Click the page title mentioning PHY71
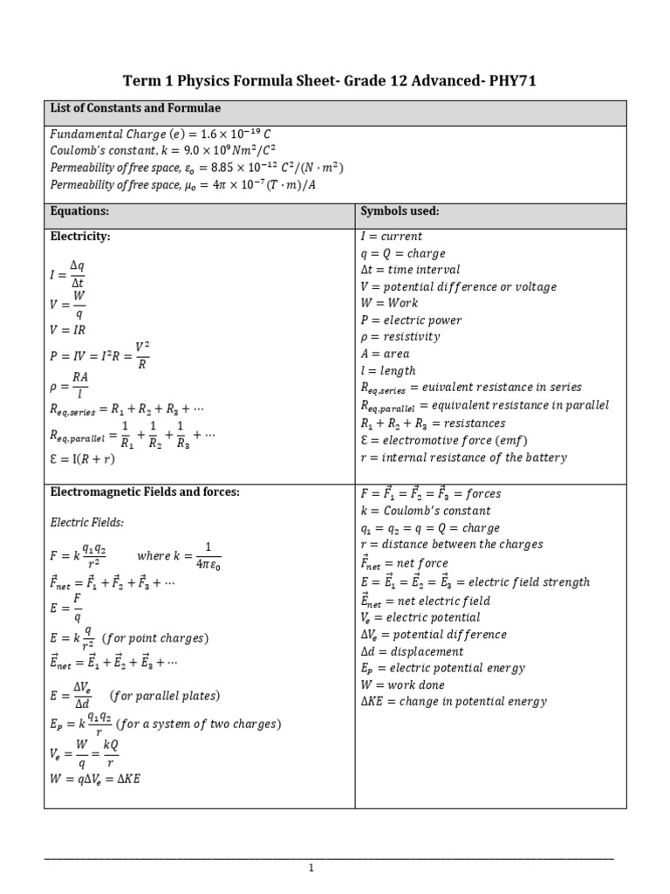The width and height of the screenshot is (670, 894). tap(335, 81)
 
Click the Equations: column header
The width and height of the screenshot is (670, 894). tap(79, 211)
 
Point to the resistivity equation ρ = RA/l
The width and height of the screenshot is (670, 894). tap(71, 384)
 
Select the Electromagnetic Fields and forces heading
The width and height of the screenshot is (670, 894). tap(144, 492)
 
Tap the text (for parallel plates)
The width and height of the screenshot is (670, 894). tap(165, 696)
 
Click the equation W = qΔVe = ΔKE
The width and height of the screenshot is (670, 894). tap(96, 779)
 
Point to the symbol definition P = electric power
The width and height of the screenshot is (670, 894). tap(411, 320)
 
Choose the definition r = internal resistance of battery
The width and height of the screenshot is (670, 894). tap(463, 457)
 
